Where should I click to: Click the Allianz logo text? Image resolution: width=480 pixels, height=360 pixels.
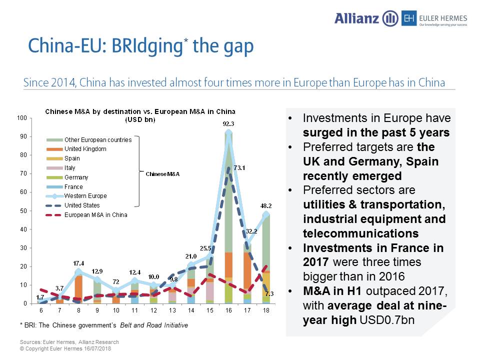coord(356,18)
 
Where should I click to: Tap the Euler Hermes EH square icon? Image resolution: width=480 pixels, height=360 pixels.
coord(409,18)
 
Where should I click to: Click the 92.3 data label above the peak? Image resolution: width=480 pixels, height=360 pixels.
coord(228,123)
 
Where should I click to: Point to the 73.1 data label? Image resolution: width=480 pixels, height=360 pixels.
coord(239,168)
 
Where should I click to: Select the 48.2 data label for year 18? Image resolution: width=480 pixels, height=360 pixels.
coord(266,205)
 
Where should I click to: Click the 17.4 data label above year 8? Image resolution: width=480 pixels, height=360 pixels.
coord(78,263)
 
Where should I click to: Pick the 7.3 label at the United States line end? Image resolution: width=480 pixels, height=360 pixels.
coord(269,293)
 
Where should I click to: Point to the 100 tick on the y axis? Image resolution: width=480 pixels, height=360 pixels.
coord(22,118)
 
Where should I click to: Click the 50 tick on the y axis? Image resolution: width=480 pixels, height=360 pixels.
coord(23,210)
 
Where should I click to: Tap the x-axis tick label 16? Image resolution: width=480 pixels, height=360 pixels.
coord(228,310)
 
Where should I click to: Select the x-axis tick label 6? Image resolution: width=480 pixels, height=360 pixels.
coord(41,310)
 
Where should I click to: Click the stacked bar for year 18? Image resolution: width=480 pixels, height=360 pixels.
coord(266,259)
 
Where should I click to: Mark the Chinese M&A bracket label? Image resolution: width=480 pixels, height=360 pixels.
coord(162,174)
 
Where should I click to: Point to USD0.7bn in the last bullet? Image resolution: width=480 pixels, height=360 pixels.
coord(387,320)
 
